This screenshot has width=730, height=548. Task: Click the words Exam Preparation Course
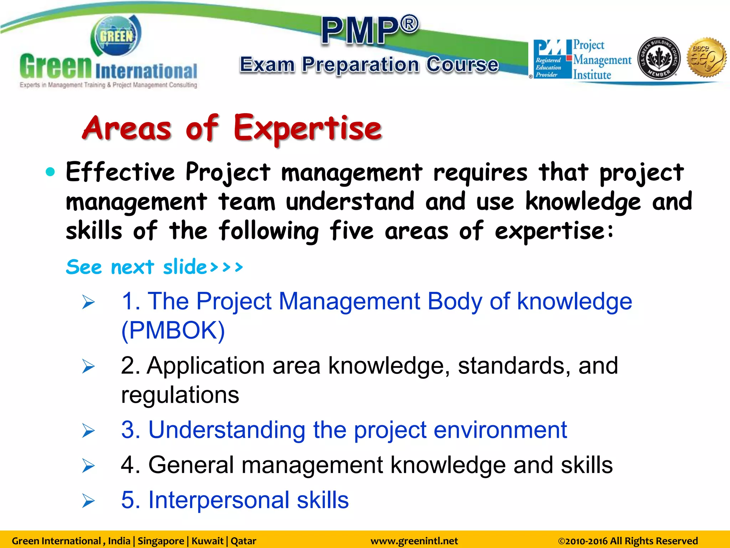pyautogui.click(x=369, y=65)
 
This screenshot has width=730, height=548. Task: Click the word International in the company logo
pyautogui.click(x=146, y=71)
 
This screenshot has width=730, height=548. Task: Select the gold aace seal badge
pyautogui.click(x=706, y=58)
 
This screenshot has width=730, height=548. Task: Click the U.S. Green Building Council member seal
pyautogui.click(x=658, y=58)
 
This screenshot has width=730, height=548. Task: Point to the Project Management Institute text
pyautogui.click(x=601, y=60)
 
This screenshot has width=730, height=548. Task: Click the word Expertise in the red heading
pyautogui.click(x=307, y=128)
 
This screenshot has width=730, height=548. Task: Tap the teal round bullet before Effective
pyautogui.click(x=51, y=172)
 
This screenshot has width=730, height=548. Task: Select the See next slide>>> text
pyautogui.click(x=154, y=267)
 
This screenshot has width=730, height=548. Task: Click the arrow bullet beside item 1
pyautogui.click(x=88, y=302)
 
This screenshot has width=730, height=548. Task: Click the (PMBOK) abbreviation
pyautogui.click(x=173, y=330)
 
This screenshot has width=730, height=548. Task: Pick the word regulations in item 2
pyautogui.click(x=180, y=395)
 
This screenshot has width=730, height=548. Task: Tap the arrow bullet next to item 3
pyautogui.click(x=88, y=431)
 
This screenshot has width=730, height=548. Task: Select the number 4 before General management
pyautogui.click(x=128, y=465)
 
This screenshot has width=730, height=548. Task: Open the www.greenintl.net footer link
pyautogui.click(x=414, y=541)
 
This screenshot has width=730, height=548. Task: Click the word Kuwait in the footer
pyautogui.click(x=207, y=541)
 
